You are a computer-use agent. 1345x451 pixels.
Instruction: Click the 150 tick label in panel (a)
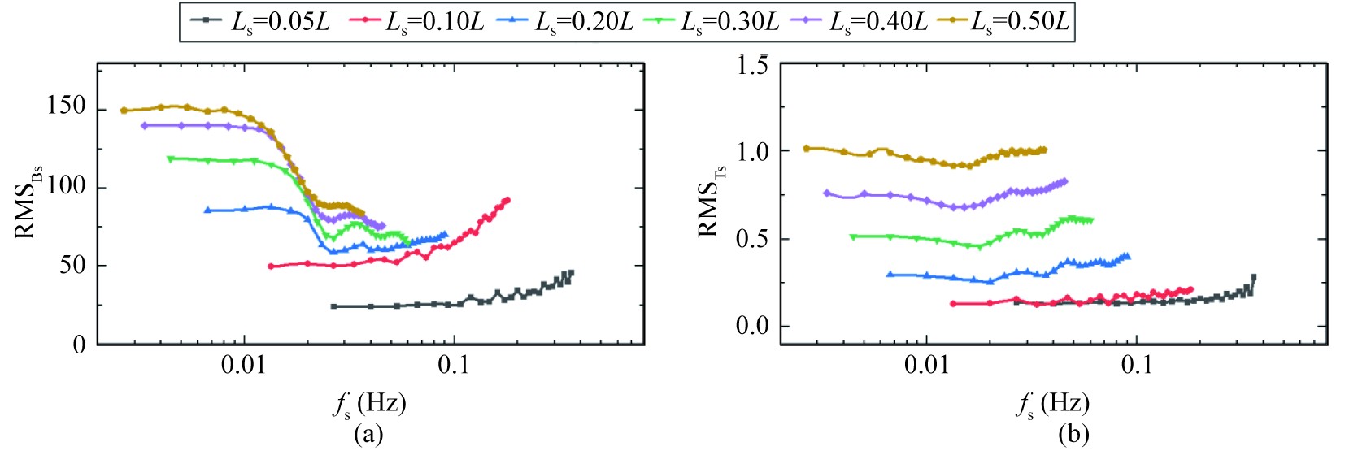coord(66,106)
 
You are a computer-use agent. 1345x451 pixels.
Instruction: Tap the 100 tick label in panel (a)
coord(66,185)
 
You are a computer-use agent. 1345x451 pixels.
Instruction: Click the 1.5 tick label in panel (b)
coord(752,65)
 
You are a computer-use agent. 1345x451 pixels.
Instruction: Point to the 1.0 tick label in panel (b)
coord(752,151)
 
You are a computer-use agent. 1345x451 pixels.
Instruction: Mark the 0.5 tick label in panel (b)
coord(752,239)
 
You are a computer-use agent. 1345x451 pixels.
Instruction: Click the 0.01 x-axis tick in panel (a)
coord(243,366)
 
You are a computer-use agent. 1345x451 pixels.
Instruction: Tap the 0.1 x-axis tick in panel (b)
coord(1136,366)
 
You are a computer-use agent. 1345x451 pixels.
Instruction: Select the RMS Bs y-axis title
coord(28,202)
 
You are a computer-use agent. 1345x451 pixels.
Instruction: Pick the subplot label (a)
coord(368,434)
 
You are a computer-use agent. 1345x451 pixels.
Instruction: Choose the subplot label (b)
coord(1073,434)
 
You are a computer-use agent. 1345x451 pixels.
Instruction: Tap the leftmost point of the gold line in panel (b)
coord(807,149)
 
